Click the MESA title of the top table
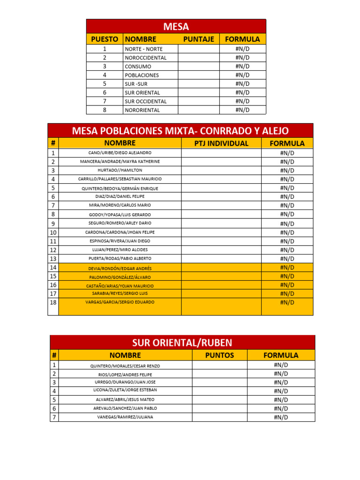click(176, 27)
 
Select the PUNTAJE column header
click(198, 39)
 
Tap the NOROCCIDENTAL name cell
click(145, 58)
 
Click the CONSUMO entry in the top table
click(138, 67)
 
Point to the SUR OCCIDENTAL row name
click(145, 101)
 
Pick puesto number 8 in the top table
click(105, 110)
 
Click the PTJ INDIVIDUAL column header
click(221, 143)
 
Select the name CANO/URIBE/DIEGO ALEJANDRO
click(120, 153)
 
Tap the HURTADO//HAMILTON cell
click(120, 170)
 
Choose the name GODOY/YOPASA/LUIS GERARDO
click(120, 214)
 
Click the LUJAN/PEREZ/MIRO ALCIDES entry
click(120, 250)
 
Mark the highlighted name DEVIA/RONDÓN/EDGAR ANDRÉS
click(120, 268)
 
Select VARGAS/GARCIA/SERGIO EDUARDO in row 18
click(120, 302)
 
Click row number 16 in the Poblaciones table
click(53, 285)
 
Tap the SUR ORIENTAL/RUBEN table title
click(182, 343)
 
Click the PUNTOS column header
click(219, 355)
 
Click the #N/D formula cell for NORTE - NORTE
click(242, 49)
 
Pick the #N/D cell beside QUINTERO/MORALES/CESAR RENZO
click(281, 365)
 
